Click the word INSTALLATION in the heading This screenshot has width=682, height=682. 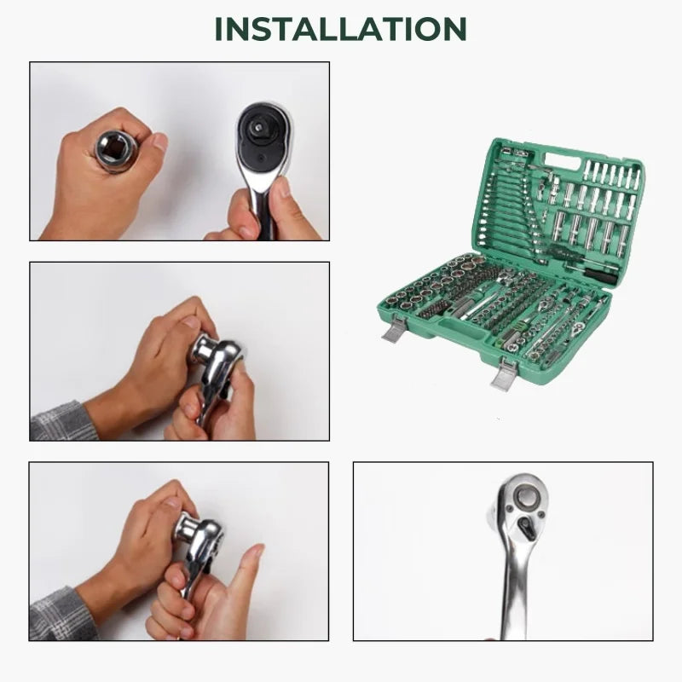tap(340, 29)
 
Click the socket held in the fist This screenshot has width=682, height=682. tap(116, 151)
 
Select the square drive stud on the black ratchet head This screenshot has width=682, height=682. tap(257, 126)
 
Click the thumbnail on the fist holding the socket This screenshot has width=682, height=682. tap(159, 142)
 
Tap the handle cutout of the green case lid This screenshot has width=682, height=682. tap(562, 161)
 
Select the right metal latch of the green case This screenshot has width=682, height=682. tap(504, 374)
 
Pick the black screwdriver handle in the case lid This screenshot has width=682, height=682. tap(600, 276)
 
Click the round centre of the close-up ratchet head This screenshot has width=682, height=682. tap(527, 495)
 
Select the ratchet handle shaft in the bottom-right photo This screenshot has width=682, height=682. tap(516, 596)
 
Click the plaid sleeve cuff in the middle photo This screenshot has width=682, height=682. tap(63, 421)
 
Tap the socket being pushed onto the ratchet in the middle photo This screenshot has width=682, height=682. tap(203, 348)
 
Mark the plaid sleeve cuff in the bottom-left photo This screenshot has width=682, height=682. tap(62, 614)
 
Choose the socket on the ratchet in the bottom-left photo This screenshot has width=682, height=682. tap(186, 528)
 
